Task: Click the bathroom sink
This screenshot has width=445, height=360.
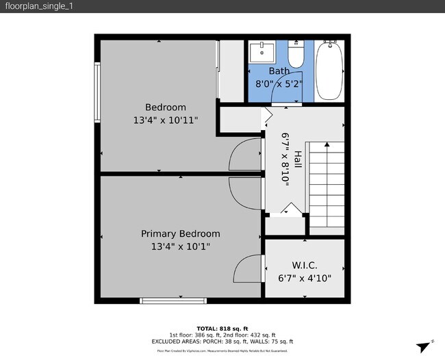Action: [261, 52]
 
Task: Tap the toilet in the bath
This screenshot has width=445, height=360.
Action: [295, 53]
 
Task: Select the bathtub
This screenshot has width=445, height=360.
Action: [331, 70]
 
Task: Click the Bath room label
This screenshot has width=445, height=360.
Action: [279, 71]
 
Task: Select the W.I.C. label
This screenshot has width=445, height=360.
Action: [304, 266]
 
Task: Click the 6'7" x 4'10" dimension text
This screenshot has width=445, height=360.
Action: [304, 279]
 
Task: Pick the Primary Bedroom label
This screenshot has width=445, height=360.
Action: [180, 234]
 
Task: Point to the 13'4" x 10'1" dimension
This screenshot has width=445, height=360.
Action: [180, 247]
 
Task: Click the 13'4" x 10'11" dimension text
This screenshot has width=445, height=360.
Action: [165, 120]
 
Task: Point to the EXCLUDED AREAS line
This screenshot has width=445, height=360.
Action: [222, 342]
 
